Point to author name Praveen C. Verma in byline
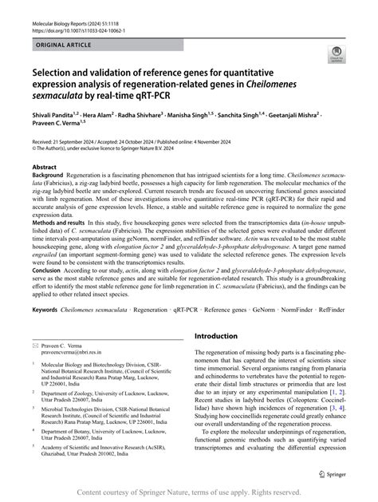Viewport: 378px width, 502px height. click(x=60, y=126)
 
